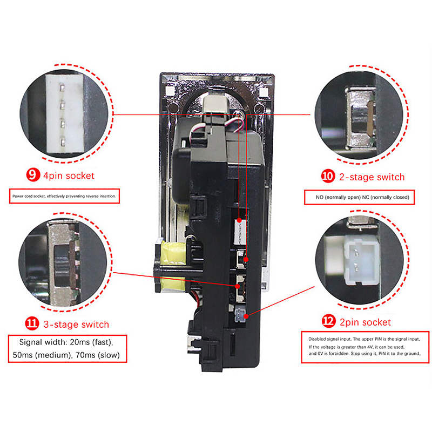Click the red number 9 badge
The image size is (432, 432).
[x=33, y=175]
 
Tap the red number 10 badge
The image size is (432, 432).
[x=328, y=176]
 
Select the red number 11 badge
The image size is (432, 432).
[x=32, y=323]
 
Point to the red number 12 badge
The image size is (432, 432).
[x=329, y=321]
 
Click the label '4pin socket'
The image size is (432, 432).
[x=69, y=175]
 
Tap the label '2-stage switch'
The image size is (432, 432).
[x=372, y=177]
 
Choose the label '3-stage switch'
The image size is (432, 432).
[x=76, y=325]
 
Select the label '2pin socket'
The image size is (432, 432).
[x=365, y=322]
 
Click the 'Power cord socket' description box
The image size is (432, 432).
[x=64, y=196]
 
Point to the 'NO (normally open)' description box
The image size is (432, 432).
[x=359, y=197]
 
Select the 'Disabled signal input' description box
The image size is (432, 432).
[x=366, y=347]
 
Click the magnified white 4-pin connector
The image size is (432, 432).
[x=65, y=113]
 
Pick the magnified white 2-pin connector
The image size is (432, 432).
[x=361, y=260]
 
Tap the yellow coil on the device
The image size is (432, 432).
[x=173, y=265]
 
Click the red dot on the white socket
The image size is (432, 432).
[x=239, y=220]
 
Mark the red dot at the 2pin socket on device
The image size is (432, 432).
[x=246, y=316]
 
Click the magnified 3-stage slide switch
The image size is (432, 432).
[x=64, y=264]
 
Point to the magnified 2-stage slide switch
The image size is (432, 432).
[x=361, y=118]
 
